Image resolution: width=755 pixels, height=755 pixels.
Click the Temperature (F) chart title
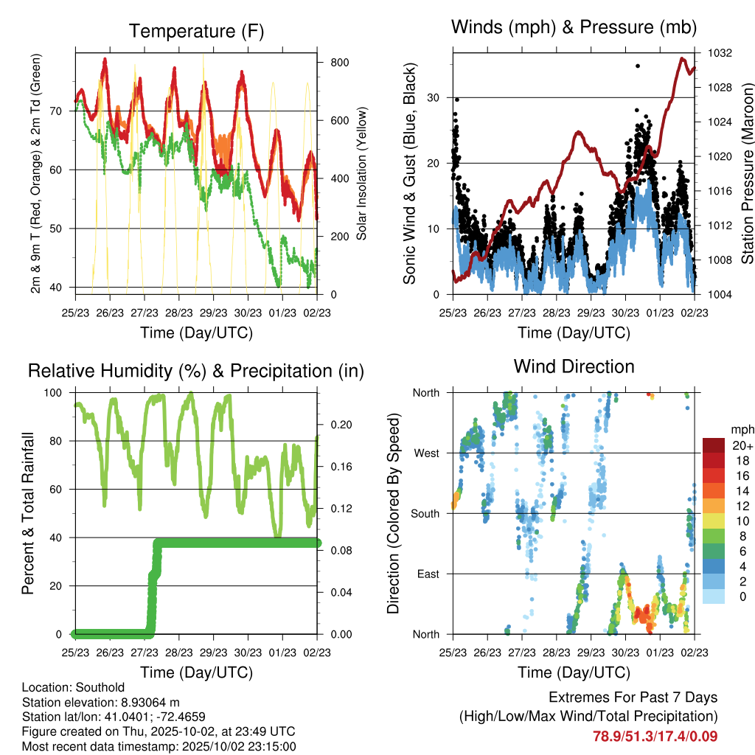[196, 32]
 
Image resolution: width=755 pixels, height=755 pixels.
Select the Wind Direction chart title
[574, 366]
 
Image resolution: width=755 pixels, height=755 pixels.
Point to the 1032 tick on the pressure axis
[719, 53]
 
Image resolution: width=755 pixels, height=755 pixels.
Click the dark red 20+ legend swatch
[713, 446]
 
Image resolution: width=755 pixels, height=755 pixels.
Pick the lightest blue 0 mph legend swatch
[713, 597]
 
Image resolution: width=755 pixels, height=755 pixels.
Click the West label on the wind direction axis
[425, 453]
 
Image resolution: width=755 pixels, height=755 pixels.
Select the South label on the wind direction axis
[424, 513]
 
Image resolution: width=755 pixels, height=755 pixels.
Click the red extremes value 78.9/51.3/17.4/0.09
[655, 736]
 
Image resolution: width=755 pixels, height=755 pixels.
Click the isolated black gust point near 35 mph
[638, 66]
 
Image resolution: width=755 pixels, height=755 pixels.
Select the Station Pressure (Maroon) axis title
[746, 174]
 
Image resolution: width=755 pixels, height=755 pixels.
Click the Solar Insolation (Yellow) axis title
[362, 174]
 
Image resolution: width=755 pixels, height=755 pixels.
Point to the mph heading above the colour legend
[741, 429]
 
